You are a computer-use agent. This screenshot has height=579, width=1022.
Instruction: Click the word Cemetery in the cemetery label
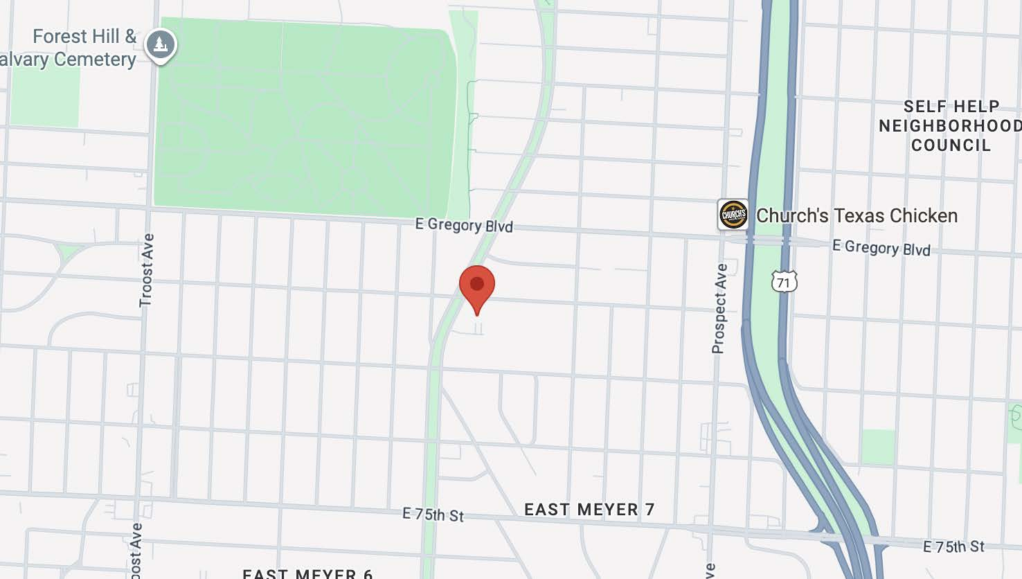95,60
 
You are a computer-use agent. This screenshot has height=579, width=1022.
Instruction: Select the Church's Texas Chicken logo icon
733,215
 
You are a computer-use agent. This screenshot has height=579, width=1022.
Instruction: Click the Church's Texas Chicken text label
857,216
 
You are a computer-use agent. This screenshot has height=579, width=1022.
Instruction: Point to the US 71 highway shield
783,282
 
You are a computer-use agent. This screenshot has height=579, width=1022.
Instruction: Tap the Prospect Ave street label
719,308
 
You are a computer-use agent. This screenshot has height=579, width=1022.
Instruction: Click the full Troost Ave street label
146,270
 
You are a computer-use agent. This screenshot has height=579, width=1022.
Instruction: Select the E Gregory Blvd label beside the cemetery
464,225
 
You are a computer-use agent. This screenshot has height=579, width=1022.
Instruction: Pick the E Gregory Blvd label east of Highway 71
881,247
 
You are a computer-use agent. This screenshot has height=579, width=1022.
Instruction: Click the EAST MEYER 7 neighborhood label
589,510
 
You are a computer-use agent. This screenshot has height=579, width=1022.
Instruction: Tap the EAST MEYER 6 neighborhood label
307,573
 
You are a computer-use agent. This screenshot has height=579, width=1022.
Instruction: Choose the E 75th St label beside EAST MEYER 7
433,515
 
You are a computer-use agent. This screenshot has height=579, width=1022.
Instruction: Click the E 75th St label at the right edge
953,546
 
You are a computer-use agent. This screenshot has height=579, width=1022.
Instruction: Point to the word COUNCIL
951,145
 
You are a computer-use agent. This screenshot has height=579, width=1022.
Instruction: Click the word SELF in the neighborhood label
926,107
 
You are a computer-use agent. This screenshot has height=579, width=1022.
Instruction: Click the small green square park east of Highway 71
878,447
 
